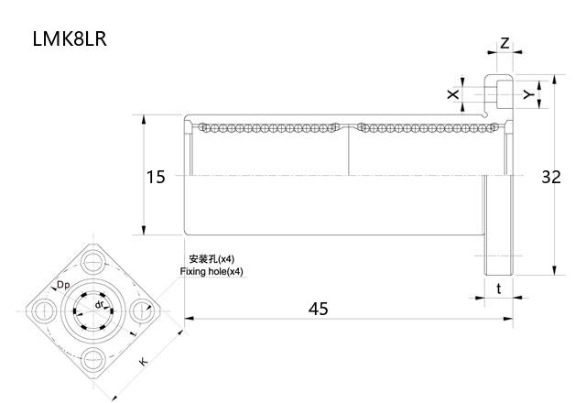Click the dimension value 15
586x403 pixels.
[157, 177]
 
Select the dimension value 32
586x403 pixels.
[550, 177]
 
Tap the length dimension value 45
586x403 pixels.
[318, 309]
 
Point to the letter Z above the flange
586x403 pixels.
[505, 43]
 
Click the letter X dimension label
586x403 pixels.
[451, 94]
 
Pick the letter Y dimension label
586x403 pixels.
[527, 94]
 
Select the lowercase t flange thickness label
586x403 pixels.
[498, 289]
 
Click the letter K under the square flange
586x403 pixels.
[144, 362]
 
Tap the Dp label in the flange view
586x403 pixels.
[63, 286]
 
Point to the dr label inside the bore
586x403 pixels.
[100, 303]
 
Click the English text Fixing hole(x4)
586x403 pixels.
[212, 272]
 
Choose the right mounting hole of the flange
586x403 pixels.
[142, 310]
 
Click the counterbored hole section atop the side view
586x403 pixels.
[499, 93]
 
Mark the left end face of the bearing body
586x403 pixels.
[186, 175]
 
